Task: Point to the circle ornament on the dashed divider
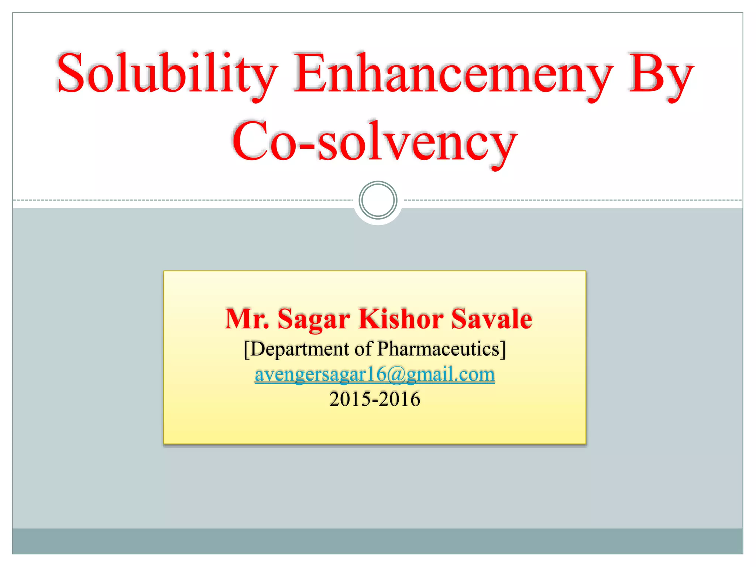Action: [x=378, y=200]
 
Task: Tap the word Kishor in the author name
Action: [x=401, y=319]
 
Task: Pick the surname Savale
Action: [x=491, y=319]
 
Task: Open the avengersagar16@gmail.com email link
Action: [x=375, y=374]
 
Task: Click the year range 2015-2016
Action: [x=375, y=399]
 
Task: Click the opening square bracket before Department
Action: [x=247, y=349]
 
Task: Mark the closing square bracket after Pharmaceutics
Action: [x=503, y=349]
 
